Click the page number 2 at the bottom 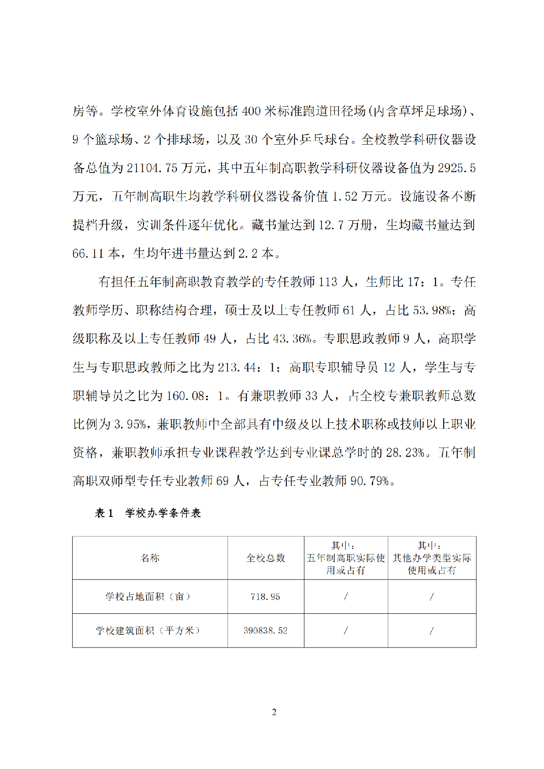point(274,712)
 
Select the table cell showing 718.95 point(265,596)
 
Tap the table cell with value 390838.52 point(265,631)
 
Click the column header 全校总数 point(265,558)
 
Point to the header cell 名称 point(150,558)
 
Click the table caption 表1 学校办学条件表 point(148,513)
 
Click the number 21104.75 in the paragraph point(152,168)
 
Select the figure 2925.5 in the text point(456,168)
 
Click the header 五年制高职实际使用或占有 point(346,558)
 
